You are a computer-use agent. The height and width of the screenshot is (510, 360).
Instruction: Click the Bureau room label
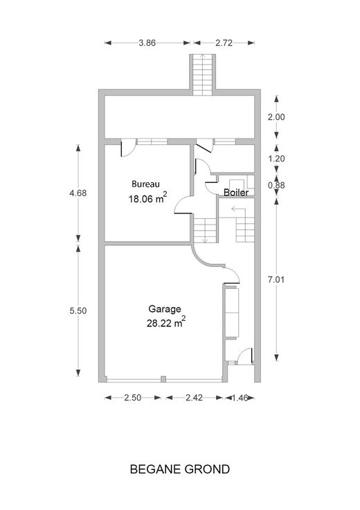(145, 184)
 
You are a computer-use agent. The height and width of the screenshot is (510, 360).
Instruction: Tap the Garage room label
(165, 309)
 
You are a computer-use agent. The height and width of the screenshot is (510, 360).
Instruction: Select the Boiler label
(236, 192)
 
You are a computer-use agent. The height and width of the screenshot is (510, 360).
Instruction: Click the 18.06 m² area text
(148, 198)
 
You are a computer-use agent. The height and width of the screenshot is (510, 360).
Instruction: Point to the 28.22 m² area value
(166, 322)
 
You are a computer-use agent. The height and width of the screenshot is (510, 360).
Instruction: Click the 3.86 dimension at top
(147, 42)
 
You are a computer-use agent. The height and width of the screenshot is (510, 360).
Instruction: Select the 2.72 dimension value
(224, 42)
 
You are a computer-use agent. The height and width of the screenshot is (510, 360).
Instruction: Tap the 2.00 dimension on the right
(276, 117)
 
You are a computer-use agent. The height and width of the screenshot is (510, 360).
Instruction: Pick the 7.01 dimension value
(276, 279)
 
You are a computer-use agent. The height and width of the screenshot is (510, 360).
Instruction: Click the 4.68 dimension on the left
(78, 193)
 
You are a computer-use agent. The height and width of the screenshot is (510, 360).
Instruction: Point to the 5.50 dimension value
(78, 311)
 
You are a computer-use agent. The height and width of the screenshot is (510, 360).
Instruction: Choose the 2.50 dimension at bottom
(133, 398)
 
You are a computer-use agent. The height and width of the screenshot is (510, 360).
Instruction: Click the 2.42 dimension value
(195, 398)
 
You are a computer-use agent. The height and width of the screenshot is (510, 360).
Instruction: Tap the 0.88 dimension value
(276, 185)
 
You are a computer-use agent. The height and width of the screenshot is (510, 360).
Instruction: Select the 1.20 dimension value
(276, 159)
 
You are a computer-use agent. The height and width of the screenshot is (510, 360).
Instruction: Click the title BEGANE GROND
(180, 469)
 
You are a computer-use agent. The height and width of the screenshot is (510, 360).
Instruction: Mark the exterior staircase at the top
(202, 74)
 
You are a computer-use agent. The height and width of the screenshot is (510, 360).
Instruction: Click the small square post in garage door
(163, 379)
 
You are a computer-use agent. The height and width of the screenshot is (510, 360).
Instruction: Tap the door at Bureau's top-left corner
(128, 148)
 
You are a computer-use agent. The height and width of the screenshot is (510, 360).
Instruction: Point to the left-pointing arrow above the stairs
(238, 209)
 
